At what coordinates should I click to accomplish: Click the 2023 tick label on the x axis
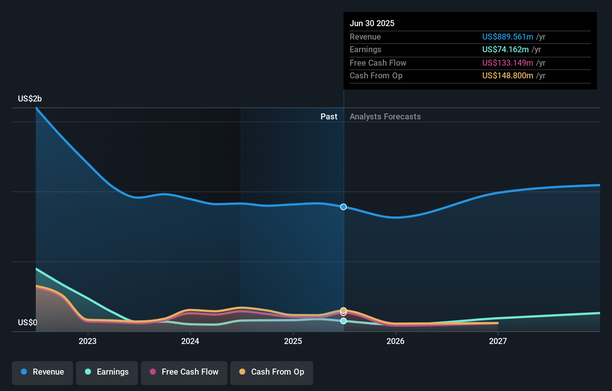coord(88,341)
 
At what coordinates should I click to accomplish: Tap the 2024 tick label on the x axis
coord(190,341)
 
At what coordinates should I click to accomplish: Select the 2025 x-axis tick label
coord(293,341)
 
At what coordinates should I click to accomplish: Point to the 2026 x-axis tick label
coord(395,341)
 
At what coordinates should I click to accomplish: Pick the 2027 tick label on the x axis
coord(498,341)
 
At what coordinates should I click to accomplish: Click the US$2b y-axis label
coord(30,98)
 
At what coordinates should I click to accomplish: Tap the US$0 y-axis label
coord(28,322)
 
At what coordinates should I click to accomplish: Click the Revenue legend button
coord(42,372)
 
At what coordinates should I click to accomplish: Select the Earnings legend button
coord(107,372)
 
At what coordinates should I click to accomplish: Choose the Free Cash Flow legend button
coord(184,372)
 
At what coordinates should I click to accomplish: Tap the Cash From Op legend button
coord(272,372)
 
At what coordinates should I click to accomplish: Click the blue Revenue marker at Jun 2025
coord(343,207)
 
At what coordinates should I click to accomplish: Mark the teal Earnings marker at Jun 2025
coord(343,321)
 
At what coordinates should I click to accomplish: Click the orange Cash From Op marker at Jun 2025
coord(343,310)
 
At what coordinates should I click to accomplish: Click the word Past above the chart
coord(329,116)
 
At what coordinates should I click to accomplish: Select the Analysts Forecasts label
coord(385,116)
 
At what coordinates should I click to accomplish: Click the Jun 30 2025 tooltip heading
coord(372,23)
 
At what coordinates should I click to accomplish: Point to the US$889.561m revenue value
coord(507,37)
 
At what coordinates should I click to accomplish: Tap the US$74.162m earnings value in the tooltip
coord(505,49)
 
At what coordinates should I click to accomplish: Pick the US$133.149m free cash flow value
coord(507,63)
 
